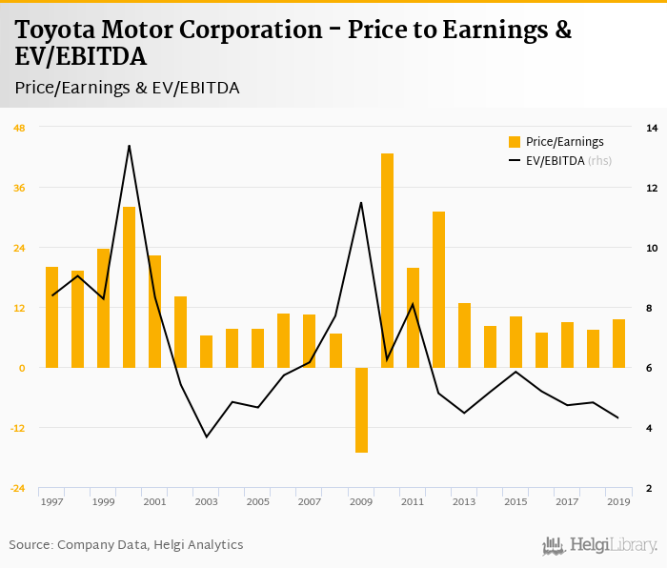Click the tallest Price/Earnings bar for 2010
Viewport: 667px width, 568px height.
(x=387, y=260)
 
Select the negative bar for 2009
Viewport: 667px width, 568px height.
(x=361, y=410)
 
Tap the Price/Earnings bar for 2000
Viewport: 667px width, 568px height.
(x=129, y=287)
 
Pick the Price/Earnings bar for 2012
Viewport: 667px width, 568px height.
(x=438, y=290)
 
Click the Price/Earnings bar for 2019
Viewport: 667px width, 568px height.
(x=618, y=343)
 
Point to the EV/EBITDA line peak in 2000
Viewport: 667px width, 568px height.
(x=129, y=146)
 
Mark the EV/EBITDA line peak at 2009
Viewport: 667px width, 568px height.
(x=361, y=202)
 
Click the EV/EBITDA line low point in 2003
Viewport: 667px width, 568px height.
(x=207, y=436)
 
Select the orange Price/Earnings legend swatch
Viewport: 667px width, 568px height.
(x=515, y=142)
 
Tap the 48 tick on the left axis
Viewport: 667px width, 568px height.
(x=19, y=128)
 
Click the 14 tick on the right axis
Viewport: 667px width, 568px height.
(x=652, y=128)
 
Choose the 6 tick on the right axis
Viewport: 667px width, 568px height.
(x=652, y=368)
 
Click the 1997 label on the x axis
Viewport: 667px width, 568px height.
(x=51, y=501)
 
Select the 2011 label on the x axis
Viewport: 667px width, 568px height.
(x=413, y=501)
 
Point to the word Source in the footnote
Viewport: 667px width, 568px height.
(x=30, y=545)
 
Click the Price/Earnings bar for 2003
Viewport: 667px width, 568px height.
(x=207, y=352)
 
